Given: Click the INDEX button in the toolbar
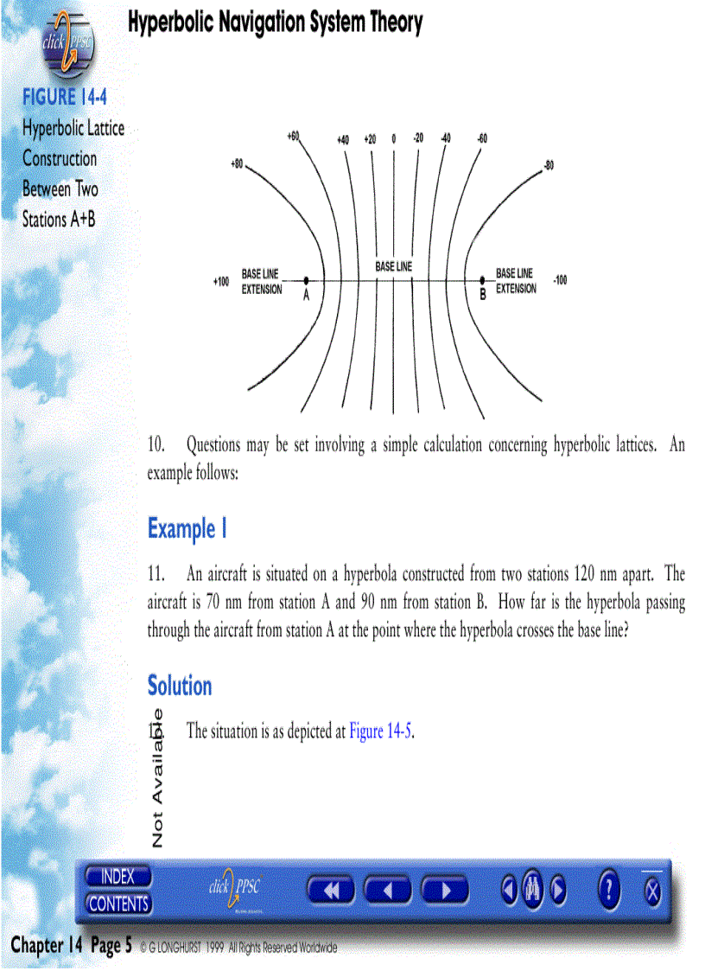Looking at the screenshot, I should point(118,877).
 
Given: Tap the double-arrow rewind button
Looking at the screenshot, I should point(331,890).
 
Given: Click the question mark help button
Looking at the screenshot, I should point(610,890).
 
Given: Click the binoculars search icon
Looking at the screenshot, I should point(532,890).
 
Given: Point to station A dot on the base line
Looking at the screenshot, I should point(307,280).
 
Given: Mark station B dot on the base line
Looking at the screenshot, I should point(482,280).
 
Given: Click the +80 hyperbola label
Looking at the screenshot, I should point(237,163).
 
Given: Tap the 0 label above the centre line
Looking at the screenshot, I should point(393,138).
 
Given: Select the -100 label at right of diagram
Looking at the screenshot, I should point(560,280).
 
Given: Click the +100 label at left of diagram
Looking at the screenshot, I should point(221,282).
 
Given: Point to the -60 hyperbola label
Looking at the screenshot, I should point(481,138).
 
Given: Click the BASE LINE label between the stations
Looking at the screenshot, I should point(393,267).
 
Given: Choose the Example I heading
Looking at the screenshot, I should point(187,528).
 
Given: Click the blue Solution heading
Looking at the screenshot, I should point(180,687).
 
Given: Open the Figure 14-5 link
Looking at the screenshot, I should point(381,731).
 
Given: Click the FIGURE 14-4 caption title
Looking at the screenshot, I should point(65,96).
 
